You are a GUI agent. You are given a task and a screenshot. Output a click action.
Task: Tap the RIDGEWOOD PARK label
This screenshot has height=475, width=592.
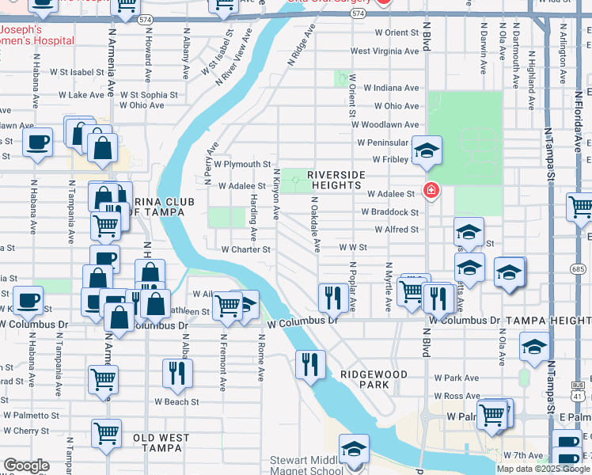[374, 379]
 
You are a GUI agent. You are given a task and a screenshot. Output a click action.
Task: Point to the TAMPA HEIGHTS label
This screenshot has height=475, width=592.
[549, 321]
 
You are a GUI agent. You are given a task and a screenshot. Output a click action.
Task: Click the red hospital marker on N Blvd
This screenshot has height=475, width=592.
[431, 190]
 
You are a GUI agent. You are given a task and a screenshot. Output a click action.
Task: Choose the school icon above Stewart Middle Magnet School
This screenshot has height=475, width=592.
[354, 448]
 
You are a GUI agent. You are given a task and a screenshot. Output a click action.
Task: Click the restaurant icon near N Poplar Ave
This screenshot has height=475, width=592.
[331, 297]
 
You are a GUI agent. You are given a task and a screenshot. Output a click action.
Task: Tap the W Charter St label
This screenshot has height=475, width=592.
[245, 249]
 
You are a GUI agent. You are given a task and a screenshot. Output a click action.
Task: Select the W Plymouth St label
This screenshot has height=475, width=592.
[242, 164]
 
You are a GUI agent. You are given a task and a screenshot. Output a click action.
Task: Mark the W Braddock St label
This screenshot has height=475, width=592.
[389, 212]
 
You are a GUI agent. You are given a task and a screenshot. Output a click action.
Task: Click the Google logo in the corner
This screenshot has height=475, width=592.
[27, 465]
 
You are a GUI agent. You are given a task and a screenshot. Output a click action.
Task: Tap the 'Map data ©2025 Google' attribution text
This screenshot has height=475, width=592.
[543, 469]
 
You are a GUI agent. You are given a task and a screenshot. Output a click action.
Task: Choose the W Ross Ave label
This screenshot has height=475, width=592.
[451, 396]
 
